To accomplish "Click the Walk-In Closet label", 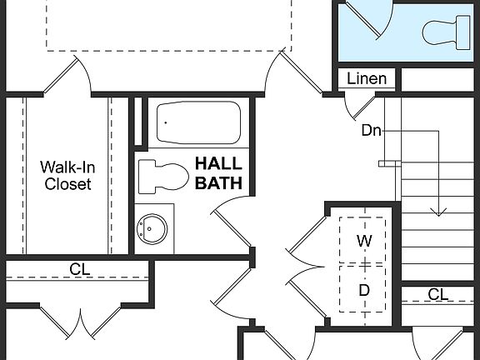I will (x=67, y=175).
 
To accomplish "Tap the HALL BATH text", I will (x=218, y=172).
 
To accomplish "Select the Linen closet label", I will (x=367, y=79).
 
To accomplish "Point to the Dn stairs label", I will (x=372, y=130).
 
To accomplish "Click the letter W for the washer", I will (x=364, y=241).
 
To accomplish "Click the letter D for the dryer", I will (x=364, y=290).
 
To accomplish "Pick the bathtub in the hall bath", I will (x=198, y=122).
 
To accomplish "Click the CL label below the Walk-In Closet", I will (x=80, y=269).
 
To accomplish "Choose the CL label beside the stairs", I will (x=438, y=294).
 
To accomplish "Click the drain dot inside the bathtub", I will (x=166, y=122).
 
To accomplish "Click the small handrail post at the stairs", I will (x=384, y=163).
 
